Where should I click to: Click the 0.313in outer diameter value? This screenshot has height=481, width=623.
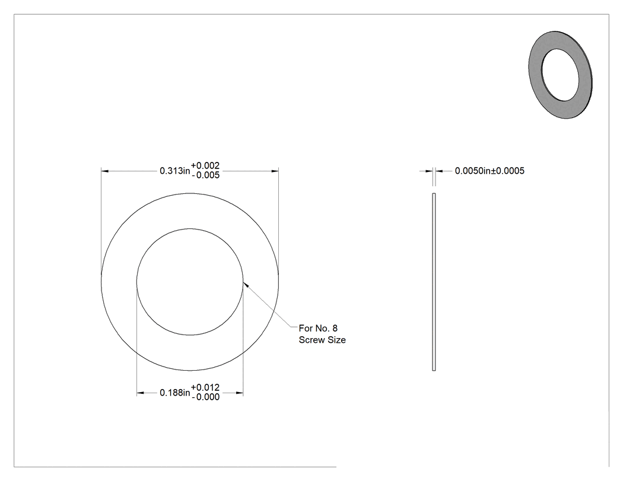coord(175,171)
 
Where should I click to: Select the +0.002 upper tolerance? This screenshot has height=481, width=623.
coord(205,165)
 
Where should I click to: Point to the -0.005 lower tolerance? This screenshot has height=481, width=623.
coord(205,175)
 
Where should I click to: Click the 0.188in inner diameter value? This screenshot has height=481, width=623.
coord(175,393)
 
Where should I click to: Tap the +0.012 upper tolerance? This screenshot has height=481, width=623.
coord(205,387)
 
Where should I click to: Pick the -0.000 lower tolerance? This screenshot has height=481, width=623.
coord(205,397)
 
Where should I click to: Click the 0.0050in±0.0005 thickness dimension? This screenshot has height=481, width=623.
coord(490,171)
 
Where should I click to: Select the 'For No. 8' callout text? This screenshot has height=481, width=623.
coord(318,328)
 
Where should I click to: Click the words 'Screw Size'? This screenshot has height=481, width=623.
coord(322,340)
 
